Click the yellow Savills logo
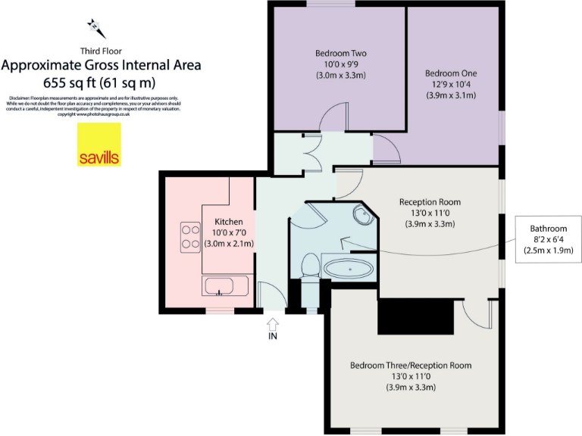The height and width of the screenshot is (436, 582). pyautogui.click(x=99, y=145)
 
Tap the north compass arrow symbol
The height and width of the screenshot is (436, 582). pyautogui.click(x=97, y=29)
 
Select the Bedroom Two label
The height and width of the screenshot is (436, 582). pyautogui.click(x=340, y=54)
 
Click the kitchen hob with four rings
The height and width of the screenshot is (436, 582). pyautogui.click(x=189, y=236)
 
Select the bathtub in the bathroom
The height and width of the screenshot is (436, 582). pyautogui.click(x=349, y=268)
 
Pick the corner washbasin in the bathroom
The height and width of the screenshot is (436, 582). pyautogui.click(x=362, y=216)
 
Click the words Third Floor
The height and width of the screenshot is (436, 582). pyautogui.click(x=100, y=51)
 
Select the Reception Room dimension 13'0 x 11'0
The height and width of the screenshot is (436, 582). pyautogui.click(x=430, y=213)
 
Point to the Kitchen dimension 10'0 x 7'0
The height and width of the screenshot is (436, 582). pyautogui.click(x=229, y=232)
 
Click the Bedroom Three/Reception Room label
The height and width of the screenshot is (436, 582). pyautogui.click(x=410, y=366)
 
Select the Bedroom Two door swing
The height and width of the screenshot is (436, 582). pyautogui.click(x=333, y=120)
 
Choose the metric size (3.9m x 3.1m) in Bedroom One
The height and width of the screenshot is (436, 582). pyautogui.click(x=451, y=95)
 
